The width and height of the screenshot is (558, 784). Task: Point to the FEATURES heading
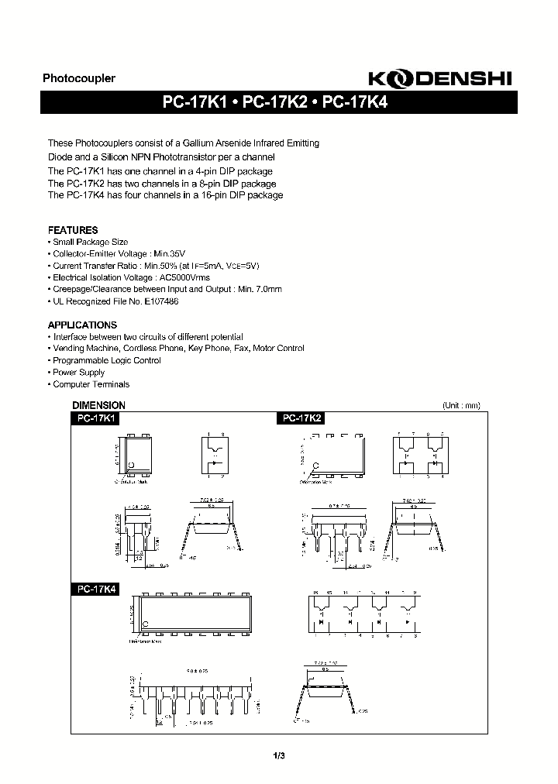[73, 230]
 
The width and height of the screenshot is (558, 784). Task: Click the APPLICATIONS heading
[82, 325]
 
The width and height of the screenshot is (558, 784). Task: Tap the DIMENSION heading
[98, 405]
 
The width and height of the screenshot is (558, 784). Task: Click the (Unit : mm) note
[462, 405]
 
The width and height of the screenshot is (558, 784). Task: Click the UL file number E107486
[160, 301]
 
